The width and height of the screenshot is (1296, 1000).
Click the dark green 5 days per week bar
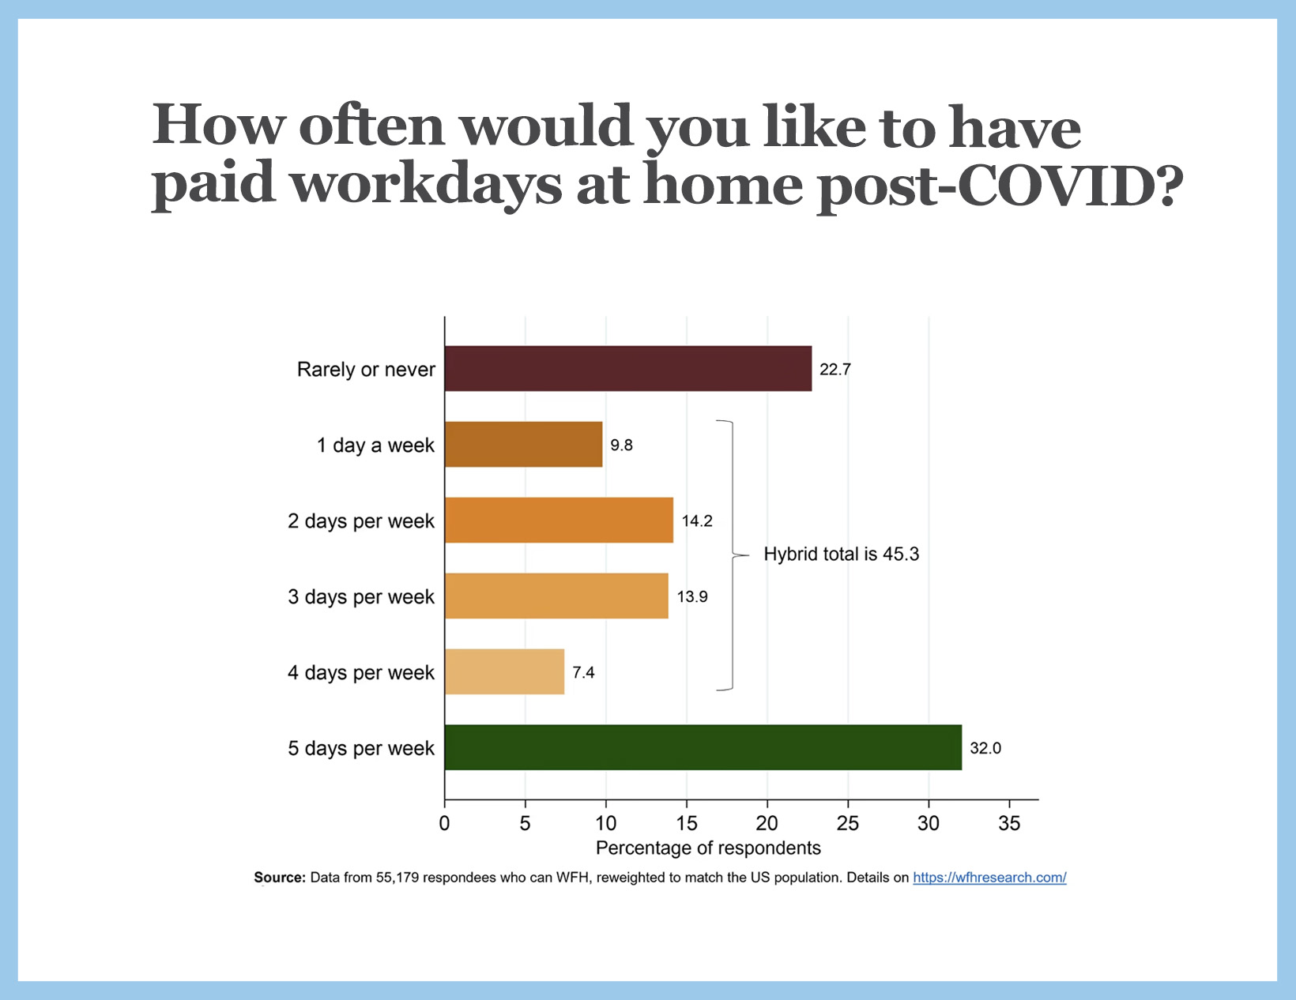(703, 747)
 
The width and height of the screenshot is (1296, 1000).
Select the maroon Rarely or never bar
(627, 369)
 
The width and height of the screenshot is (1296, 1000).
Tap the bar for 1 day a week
(523, 445)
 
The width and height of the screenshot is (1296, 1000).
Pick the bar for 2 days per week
(559, 521)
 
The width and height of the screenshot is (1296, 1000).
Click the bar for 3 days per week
(556, 596)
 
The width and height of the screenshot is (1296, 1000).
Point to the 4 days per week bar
(504, 672)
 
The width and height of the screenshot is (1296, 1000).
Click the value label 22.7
(834, 370)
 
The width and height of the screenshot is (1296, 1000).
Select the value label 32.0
(985, 748)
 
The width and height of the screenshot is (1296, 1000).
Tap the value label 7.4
(583, 673)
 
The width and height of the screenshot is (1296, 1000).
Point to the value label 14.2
(697, 521)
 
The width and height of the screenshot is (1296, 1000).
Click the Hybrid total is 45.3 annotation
(841, 555)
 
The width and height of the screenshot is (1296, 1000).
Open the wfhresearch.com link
(989, 878)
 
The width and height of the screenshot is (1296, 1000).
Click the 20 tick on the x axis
(767, 824)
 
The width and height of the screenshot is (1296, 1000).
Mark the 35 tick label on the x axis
(1009, 824)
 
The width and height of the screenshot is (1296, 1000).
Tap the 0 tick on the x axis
(444, 824)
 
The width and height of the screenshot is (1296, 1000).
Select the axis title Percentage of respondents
(708, 848)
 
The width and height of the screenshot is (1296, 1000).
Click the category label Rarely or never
(366, 370)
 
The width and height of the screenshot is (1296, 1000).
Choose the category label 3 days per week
(361, 597)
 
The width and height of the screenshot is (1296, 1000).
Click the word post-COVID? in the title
(1000, 186)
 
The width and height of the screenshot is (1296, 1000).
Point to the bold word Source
(279, 878)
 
